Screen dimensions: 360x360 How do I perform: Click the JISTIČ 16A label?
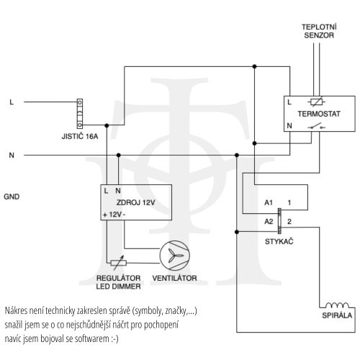point(80,136)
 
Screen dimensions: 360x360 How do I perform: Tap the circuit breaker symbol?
point(80,114)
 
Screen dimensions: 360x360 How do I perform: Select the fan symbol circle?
point(175,256)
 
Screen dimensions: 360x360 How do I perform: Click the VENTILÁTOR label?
point(174,278)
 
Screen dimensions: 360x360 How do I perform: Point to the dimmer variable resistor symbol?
point(118,263)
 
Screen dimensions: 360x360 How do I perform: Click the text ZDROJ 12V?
point(135,202)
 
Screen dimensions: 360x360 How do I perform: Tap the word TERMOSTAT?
point(319,114)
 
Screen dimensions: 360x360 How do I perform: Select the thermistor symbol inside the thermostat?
point(317,102)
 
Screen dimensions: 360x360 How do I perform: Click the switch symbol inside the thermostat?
point(316,126)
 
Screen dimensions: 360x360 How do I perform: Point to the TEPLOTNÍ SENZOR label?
point(319,31)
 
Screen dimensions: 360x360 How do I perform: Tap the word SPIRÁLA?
point(337,315)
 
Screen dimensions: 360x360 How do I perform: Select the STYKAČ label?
point(279,241)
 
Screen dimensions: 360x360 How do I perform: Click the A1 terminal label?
point(269,203)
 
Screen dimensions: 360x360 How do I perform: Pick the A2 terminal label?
point(269,222)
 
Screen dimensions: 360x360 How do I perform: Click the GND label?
point(12,197)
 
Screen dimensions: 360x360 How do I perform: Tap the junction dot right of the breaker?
point(107,125)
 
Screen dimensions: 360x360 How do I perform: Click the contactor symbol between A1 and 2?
point(279,221)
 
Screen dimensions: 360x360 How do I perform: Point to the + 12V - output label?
point(114,215)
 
